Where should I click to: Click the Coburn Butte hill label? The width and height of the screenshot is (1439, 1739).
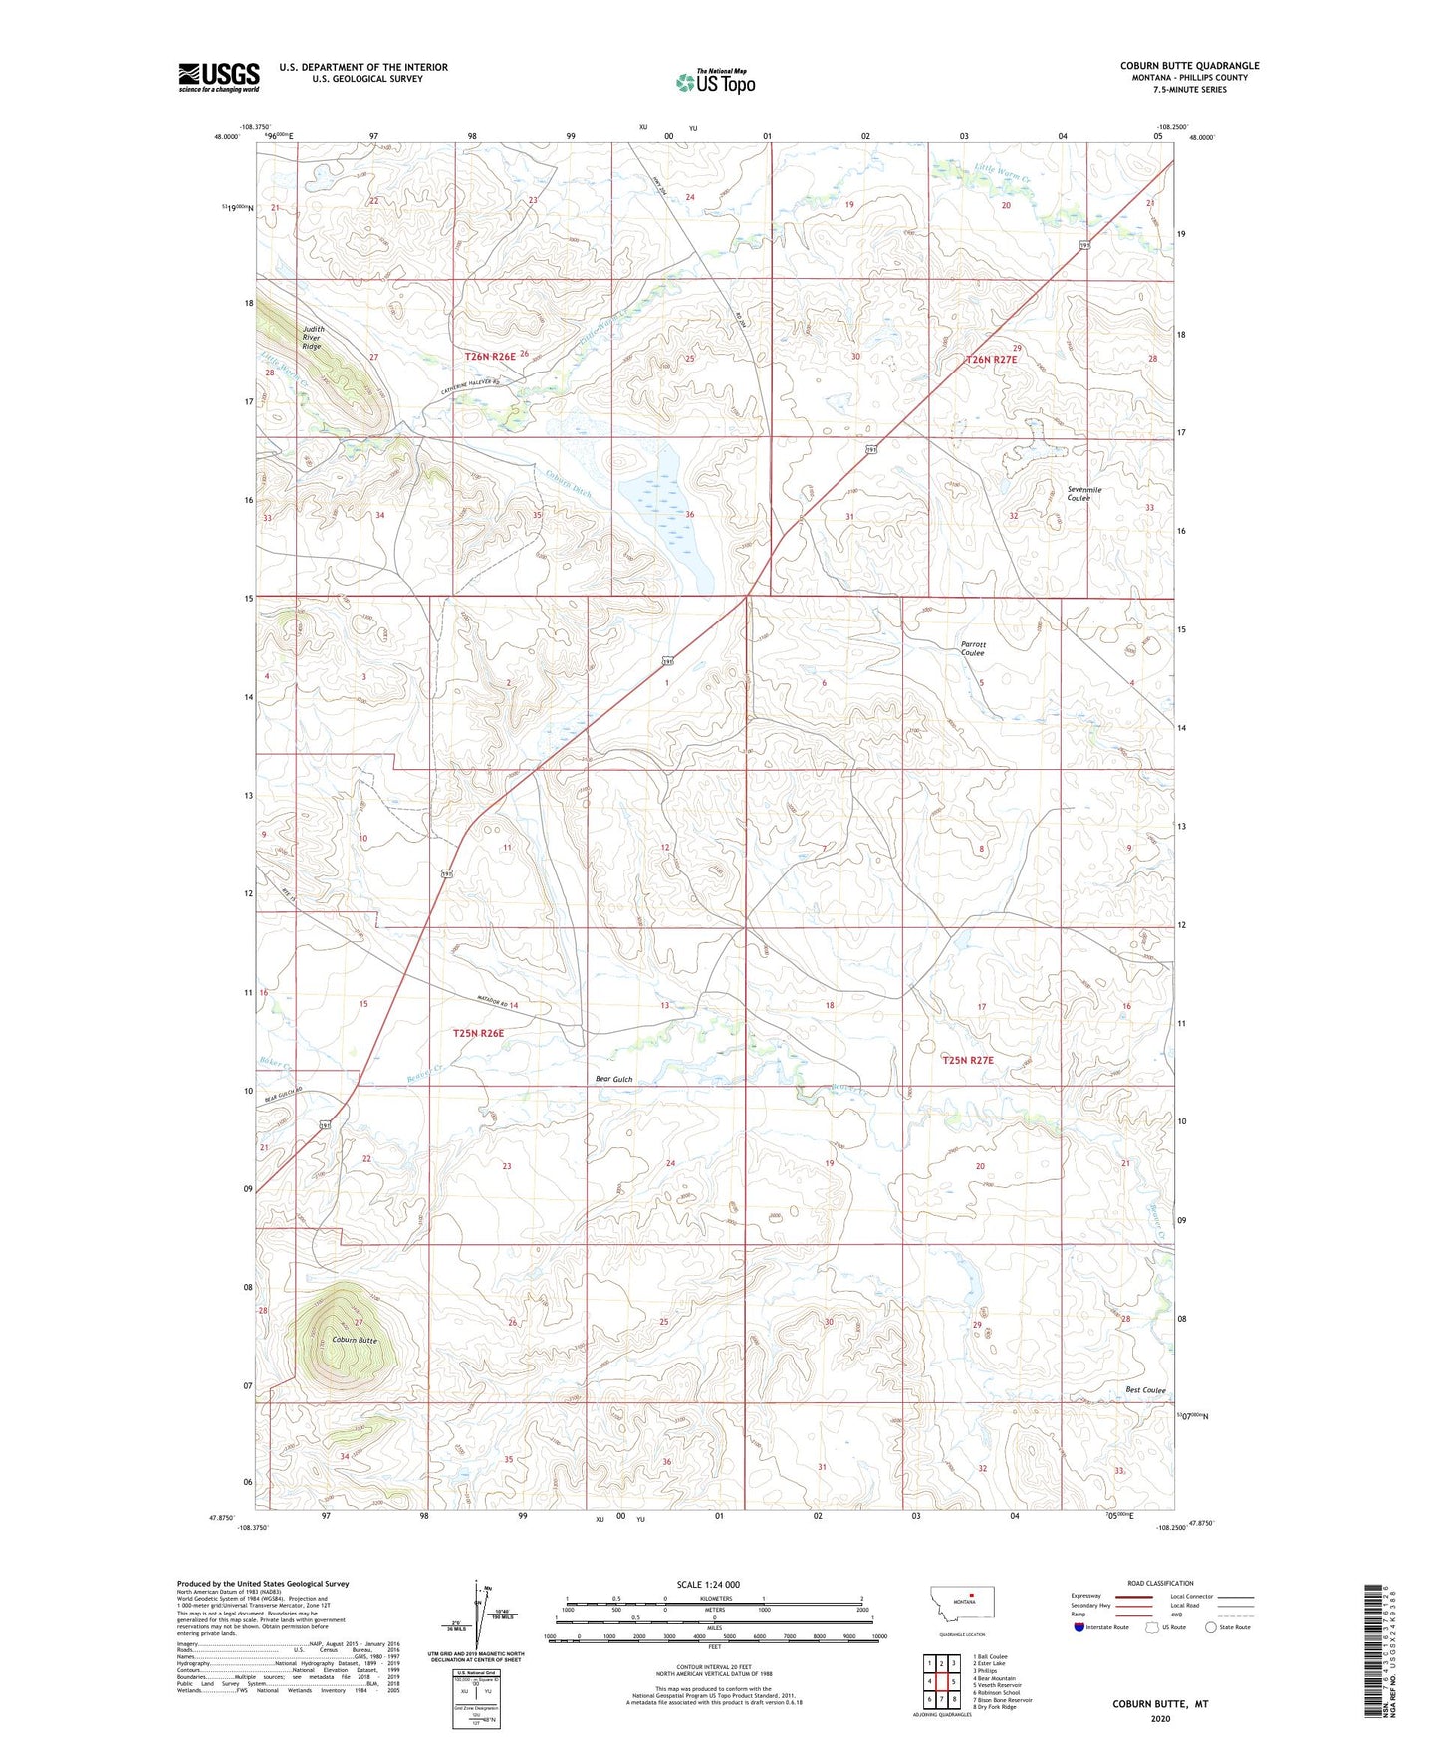click(x=355, y=1340)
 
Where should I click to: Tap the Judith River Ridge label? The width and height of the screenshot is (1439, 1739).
click(x=313, y=337)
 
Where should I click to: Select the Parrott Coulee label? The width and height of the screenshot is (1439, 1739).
click(x=972, y=648)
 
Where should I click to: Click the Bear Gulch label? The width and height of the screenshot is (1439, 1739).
click(x=613, y=1079)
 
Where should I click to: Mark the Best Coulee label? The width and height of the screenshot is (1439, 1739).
click(x=1145, y=1390)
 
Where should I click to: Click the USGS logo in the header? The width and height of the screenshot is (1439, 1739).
click(x=219, y=77)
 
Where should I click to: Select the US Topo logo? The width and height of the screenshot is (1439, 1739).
click(x=715, y=82)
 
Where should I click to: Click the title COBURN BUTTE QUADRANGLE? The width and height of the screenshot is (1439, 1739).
click(x=1189, y=66)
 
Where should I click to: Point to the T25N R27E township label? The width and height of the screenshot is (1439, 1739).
click(x=968, y=1060)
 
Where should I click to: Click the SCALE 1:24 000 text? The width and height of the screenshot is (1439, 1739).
click(x=708, y=1584)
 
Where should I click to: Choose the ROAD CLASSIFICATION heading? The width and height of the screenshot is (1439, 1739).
click(x=1161, y=1583)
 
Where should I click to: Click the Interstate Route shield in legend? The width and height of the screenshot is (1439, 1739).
click(x=1079, y=1627)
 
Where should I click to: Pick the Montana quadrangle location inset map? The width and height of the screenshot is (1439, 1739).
click(x=961, y=1607)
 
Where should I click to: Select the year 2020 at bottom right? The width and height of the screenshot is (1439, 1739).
click(x=1160, y=1718)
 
